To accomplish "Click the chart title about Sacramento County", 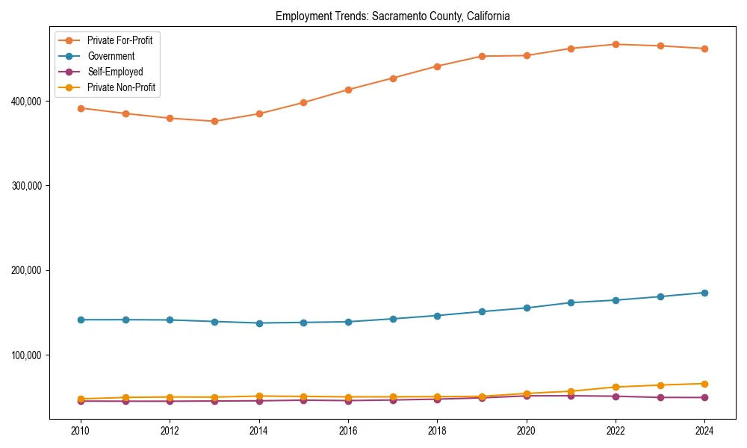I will point(392,16).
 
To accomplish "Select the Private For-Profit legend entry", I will point(120,40).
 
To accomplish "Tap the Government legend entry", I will point(111,56).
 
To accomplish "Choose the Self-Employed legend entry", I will point(114,72).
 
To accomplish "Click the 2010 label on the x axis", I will point(81,431).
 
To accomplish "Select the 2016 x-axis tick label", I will point(348,431).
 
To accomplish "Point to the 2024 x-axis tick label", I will point(704,431).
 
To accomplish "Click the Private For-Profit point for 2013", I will point(214,121).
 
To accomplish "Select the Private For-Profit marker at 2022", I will point(616,44).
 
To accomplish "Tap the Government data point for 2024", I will point(704,293).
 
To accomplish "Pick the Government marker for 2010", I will point(81,320).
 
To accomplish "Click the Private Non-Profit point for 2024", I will point(704,384).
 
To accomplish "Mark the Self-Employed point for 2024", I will point(704,397).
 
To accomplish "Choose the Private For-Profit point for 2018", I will point(437,66).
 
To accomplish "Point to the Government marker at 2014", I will point(259,323).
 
